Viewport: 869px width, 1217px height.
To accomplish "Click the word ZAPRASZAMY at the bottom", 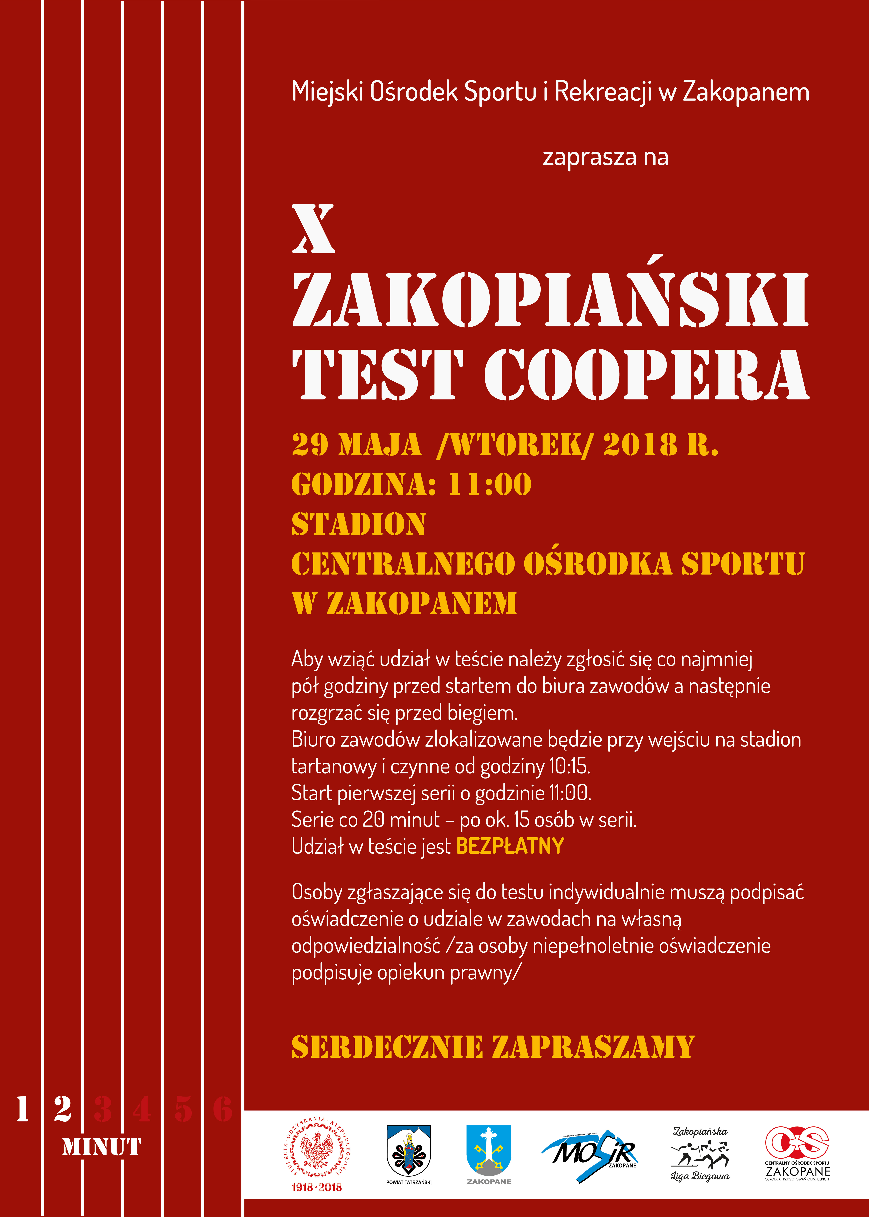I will (593, 1047).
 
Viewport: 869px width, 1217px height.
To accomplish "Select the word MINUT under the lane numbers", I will (102, 1147).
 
